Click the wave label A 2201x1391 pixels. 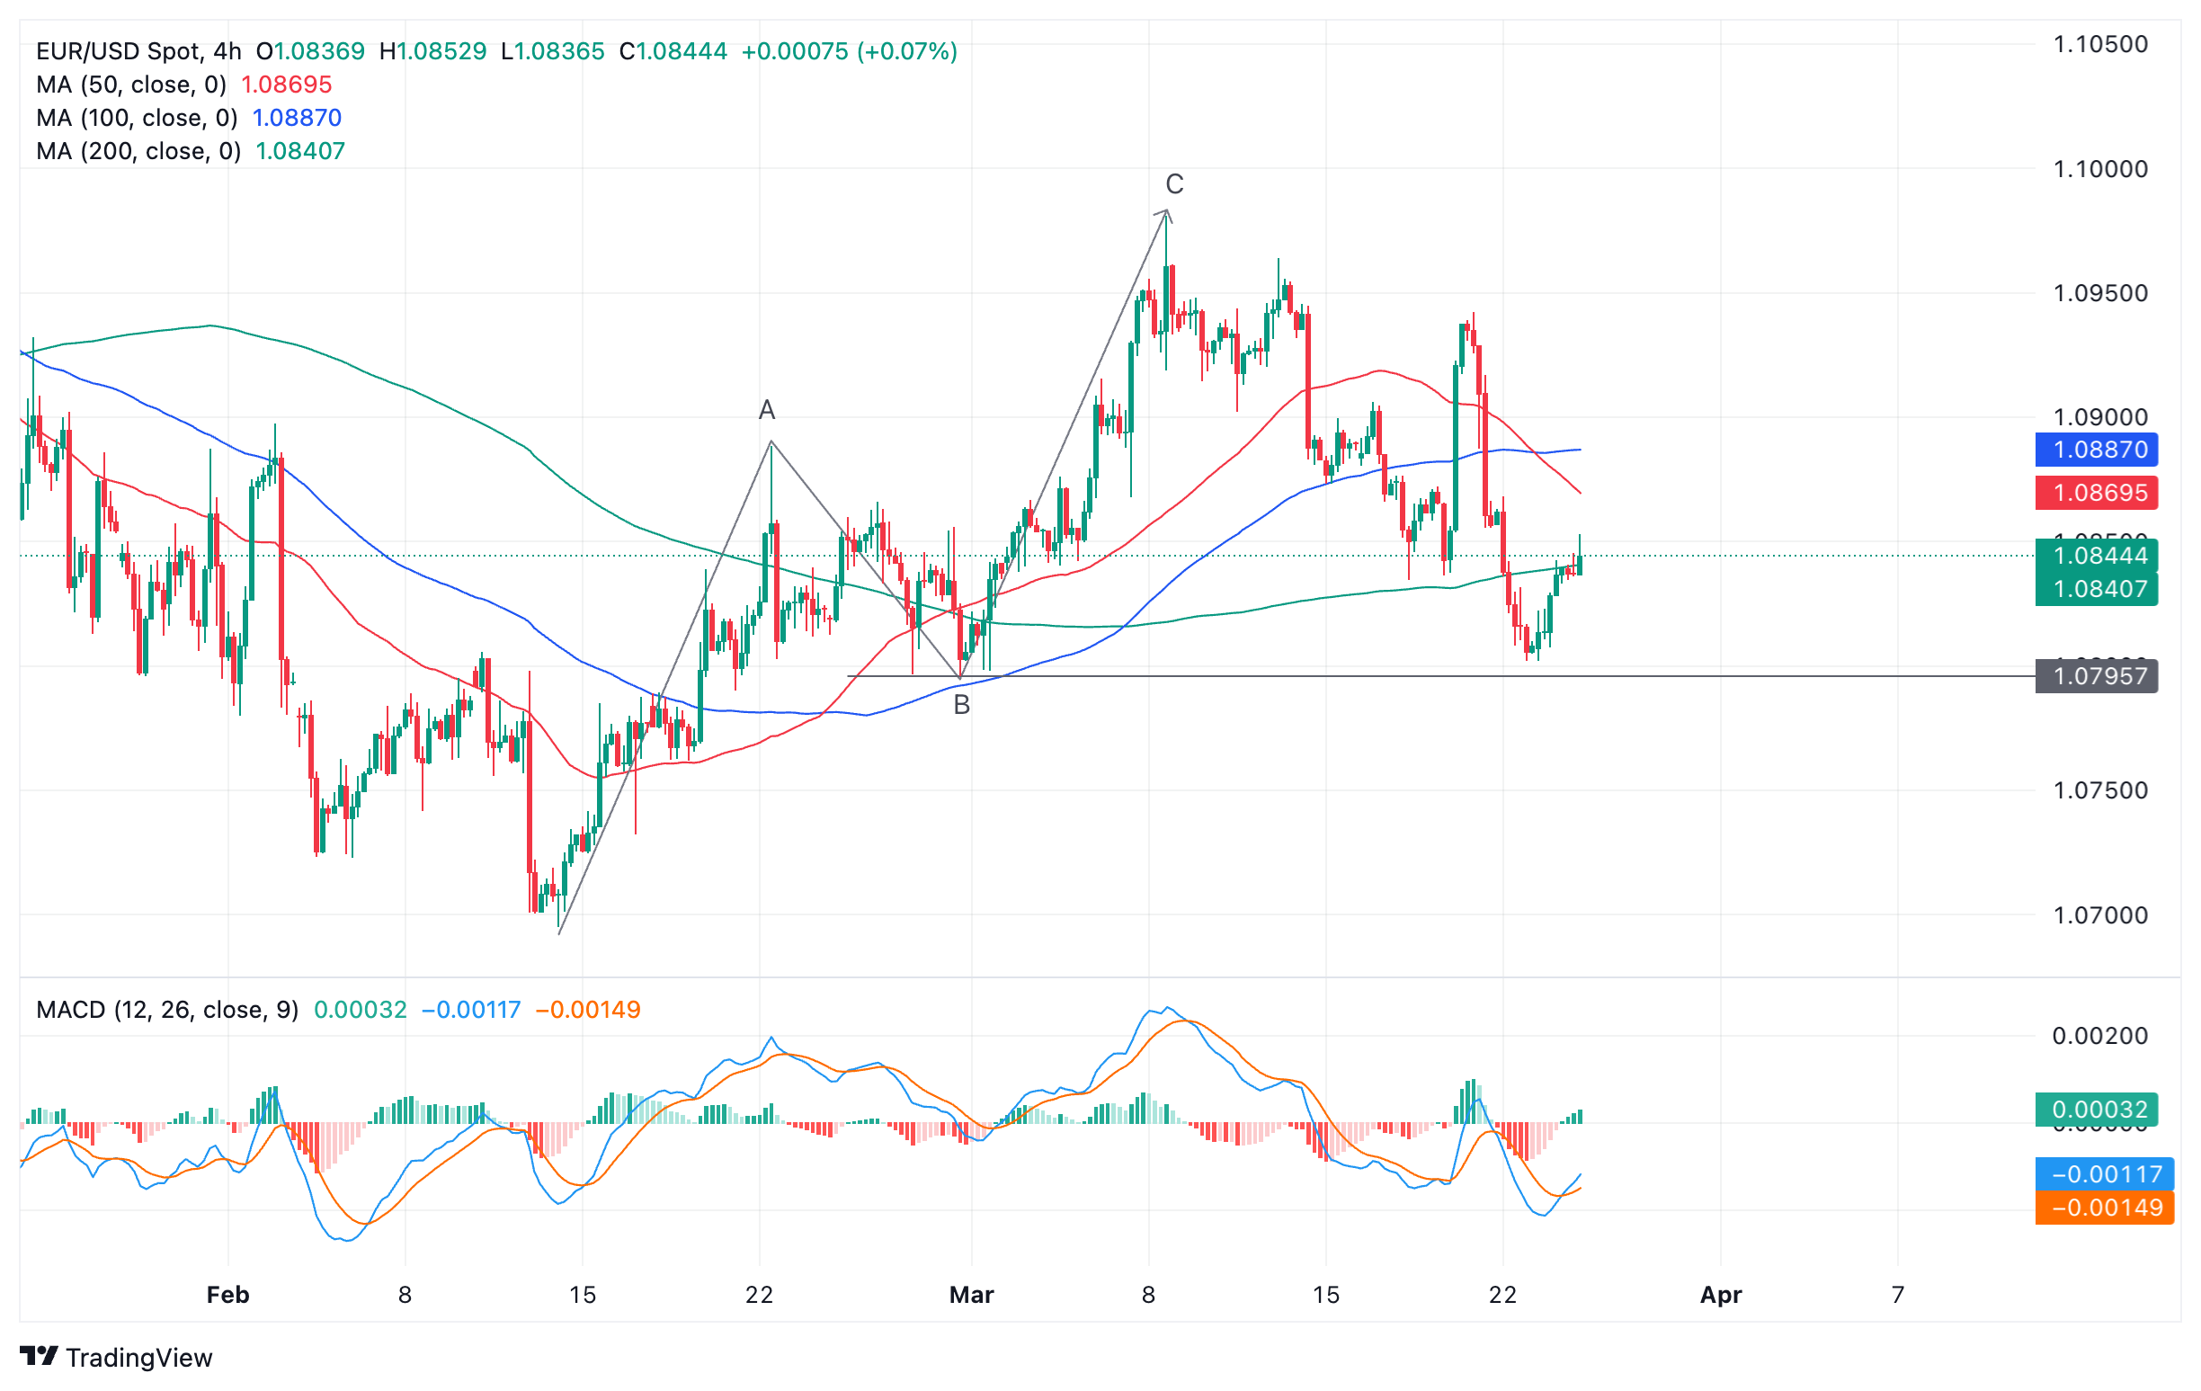[767, 410]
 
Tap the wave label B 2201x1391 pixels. [961, 705]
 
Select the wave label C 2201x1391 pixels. [1174, 184]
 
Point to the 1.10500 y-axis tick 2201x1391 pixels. [2100, 44]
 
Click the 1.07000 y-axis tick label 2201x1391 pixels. [2100, 914]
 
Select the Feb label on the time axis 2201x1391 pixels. [227, 1295]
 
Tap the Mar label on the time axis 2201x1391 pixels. [972, 1295]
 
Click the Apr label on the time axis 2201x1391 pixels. [1720, 1295]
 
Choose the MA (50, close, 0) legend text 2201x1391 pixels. [131, 85]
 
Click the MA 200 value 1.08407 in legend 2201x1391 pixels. [299, 151]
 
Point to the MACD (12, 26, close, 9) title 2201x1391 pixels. [167, 1010]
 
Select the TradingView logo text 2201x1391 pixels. [138, 1358]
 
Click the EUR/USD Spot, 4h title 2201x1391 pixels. [138, 51]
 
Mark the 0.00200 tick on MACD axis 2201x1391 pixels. [2100, 1036]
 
